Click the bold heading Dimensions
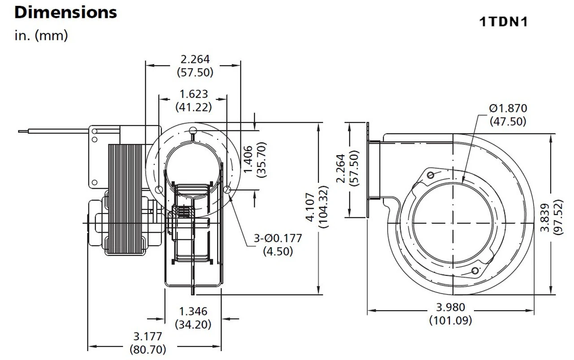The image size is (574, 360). pos(65,13)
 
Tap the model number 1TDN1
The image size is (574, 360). pos(504,22)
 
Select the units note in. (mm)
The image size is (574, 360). pos(41,35)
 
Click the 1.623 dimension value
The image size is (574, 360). pos(194,94)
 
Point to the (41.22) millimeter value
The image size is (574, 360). pos(194,107)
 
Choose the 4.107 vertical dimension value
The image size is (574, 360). pos(310,207)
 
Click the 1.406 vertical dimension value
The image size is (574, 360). pos(248,159)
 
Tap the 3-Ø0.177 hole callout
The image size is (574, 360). pos(278,239)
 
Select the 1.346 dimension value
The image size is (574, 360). pos(193,311)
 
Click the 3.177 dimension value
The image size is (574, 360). pos(148,336)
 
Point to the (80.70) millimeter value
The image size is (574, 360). pos(148,350)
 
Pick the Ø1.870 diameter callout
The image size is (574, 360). pos(508,108)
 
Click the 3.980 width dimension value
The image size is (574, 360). pos(451,307)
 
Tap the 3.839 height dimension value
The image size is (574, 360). pos(545,217)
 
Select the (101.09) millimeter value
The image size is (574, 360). pos(451,320)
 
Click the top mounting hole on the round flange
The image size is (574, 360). pos(193,130)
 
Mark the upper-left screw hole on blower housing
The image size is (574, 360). pos(431,175)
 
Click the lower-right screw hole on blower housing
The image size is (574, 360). pos(475,271)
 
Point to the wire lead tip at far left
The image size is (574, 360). pos(18,131)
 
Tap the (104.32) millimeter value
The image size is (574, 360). pos(323,207)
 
